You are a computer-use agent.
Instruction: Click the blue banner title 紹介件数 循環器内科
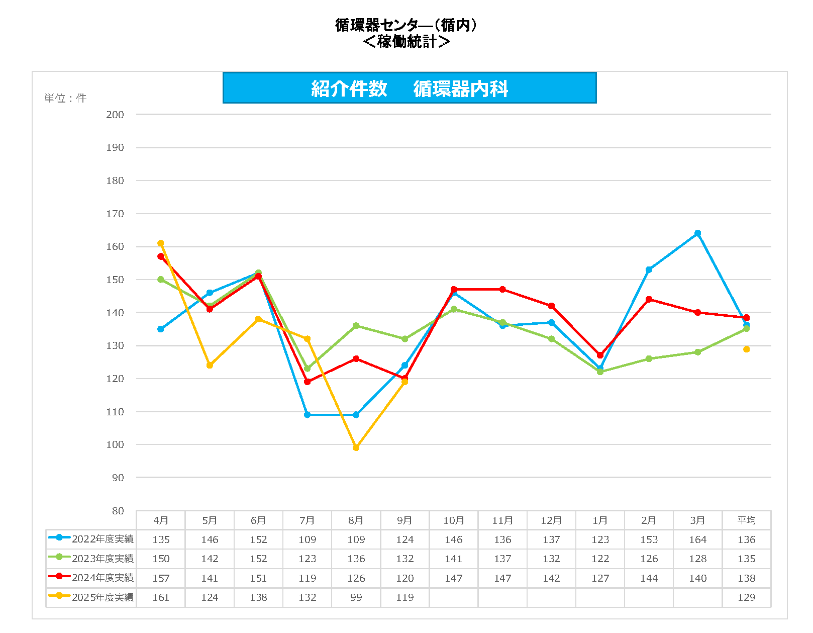pyautogui.click(x=409, y=88)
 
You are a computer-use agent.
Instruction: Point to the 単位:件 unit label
pyautogui.click(x=65, y=98)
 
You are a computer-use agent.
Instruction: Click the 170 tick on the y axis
pyautogui.click(x=115, y=214)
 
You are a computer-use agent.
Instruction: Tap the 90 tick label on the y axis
pyautogui.click(x=118, y=478)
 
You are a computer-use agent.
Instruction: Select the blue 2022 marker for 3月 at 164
pyautogui.click(x=697, y=233)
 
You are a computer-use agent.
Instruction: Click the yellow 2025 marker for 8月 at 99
pyautogui.click(x=356, y=447)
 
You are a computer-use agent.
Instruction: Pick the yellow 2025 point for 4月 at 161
pyautogui.click(x=161, y=243)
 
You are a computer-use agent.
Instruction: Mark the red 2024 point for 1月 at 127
pyautogui.click(x=600, y=355)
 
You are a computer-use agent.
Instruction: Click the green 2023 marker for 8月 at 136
pyautogui.click(x=356, y=326)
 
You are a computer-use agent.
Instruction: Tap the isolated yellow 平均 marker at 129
pyautogui.click(x=746, y=349)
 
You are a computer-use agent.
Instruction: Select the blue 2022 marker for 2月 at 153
pyautogui.click(x=649, y=270)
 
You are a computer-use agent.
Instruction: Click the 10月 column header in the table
pyautogui.click(x=453, y=520)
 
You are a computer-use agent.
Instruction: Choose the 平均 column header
pyautogui.click(x=746, y=520)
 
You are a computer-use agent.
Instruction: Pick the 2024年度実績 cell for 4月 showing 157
pyautogui.click(x=161, y=578)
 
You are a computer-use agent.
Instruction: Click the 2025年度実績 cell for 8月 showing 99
pyautogui.click(x=356, y=597)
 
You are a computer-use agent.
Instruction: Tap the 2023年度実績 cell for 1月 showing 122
pyautogui.click(x=600, y=559)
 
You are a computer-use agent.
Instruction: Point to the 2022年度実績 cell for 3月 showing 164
pyautogui.click(x=697, y=539)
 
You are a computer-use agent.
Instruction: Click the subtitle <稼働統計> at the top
pyautogui.click(x=406, y=42)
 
